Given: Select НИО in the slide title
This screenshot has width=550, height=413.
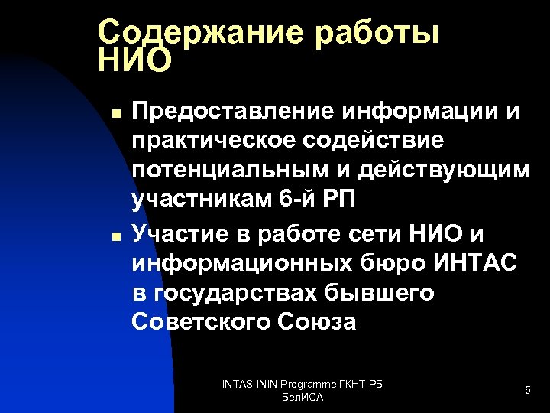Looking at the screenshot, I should click(x=135, y=60).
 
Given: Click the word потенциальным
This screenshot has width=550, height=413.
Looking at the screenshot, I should click(x=227, y=170).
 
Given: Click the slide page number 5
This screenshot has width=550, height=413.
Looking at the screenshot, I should click(x=527, y=391).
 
